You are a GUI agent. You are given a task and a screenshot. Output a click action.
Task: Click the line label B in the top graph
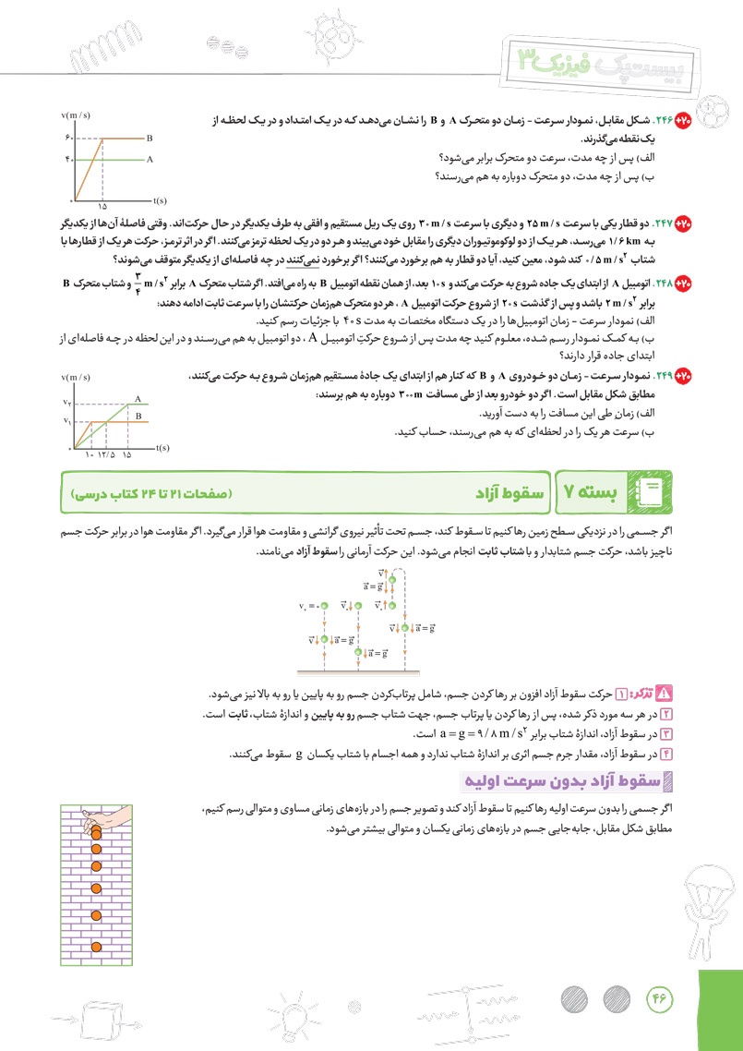coord(150,138)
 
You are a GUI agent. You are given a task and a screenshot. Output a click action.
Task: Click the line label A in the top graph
coord(150,158)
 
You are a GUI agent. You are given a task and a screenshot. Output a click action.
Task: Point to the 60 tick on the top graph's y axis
coord(67,138)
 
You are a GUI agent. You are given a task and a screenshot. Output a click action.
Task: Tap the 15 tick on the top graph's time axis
coord(102,207)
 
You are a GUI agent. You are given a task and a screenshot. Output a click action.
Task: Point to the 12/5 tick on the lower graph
coord(105,454)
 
